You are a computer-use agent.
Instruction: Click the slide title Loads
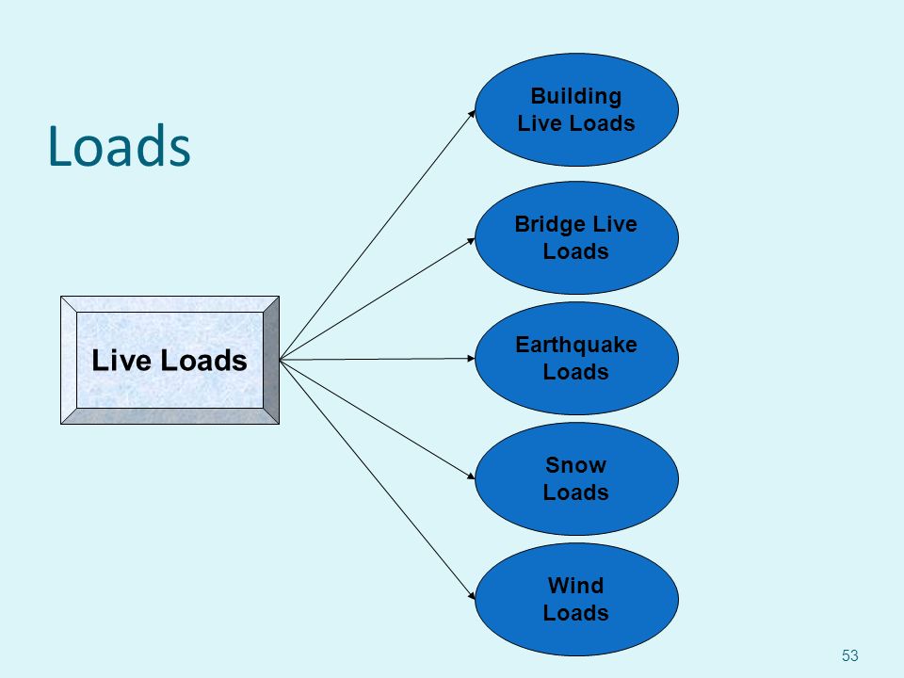pyautogui.click(x=120, y=146)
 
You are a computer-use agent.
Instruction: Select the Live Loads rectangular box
pyautogui.click(x=170, y=361)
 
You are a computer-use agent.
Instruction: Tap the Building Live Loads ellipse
pyautogui.click(x=576, y=109)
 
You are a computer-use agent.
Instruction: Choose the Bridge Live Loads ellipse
pyautogui.click(x=576, y=237)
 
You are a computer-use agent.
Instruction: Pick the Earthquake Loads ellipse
pyautogui.click(x=576, y=358)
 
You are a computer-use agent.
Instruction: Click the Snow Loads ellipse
pyautogui.click(x=576, y=478)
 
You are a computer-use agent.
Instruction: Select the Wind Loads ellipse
pyautogui.click(x=576, y=599)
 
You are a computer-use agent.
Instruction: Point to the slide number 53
pyautogui.click(x=849, y=655)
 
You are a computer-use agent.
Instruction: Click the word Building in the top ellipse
pyautogui.click(x=576, y=96)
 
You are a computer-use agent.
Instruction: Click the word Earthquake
pyautogui.click(x=576, y=345)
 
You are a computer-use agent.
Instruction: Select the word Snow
pyautogui.click(x=576, y=465)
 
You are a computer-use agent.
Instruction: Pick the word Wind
pyautogui.click(x=576, y=586)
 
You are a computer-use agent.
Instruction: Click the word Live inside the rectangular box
pyautogui.click(x=121, y=361)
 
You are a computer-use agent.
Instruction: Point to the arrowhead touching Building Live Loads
pyautogui.click(x=472, y=114)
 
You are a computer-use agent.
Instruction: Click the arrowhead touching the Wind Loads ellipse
pyautogui.click(x=472, y=595)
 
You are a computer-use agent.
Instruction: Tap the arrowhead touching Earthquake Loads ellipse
pyautogui.click(x=471, y=358)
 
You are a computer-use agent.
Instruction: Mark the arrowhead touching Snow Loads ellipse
pyautogui.click(x=471, y=476)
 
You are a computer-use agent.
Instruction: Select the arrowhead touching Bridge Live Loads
pyautogui.click(x=471, y=240)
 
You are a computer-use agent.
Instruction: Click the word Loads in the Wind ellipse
pyautogui.click(x=576, y=613)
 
